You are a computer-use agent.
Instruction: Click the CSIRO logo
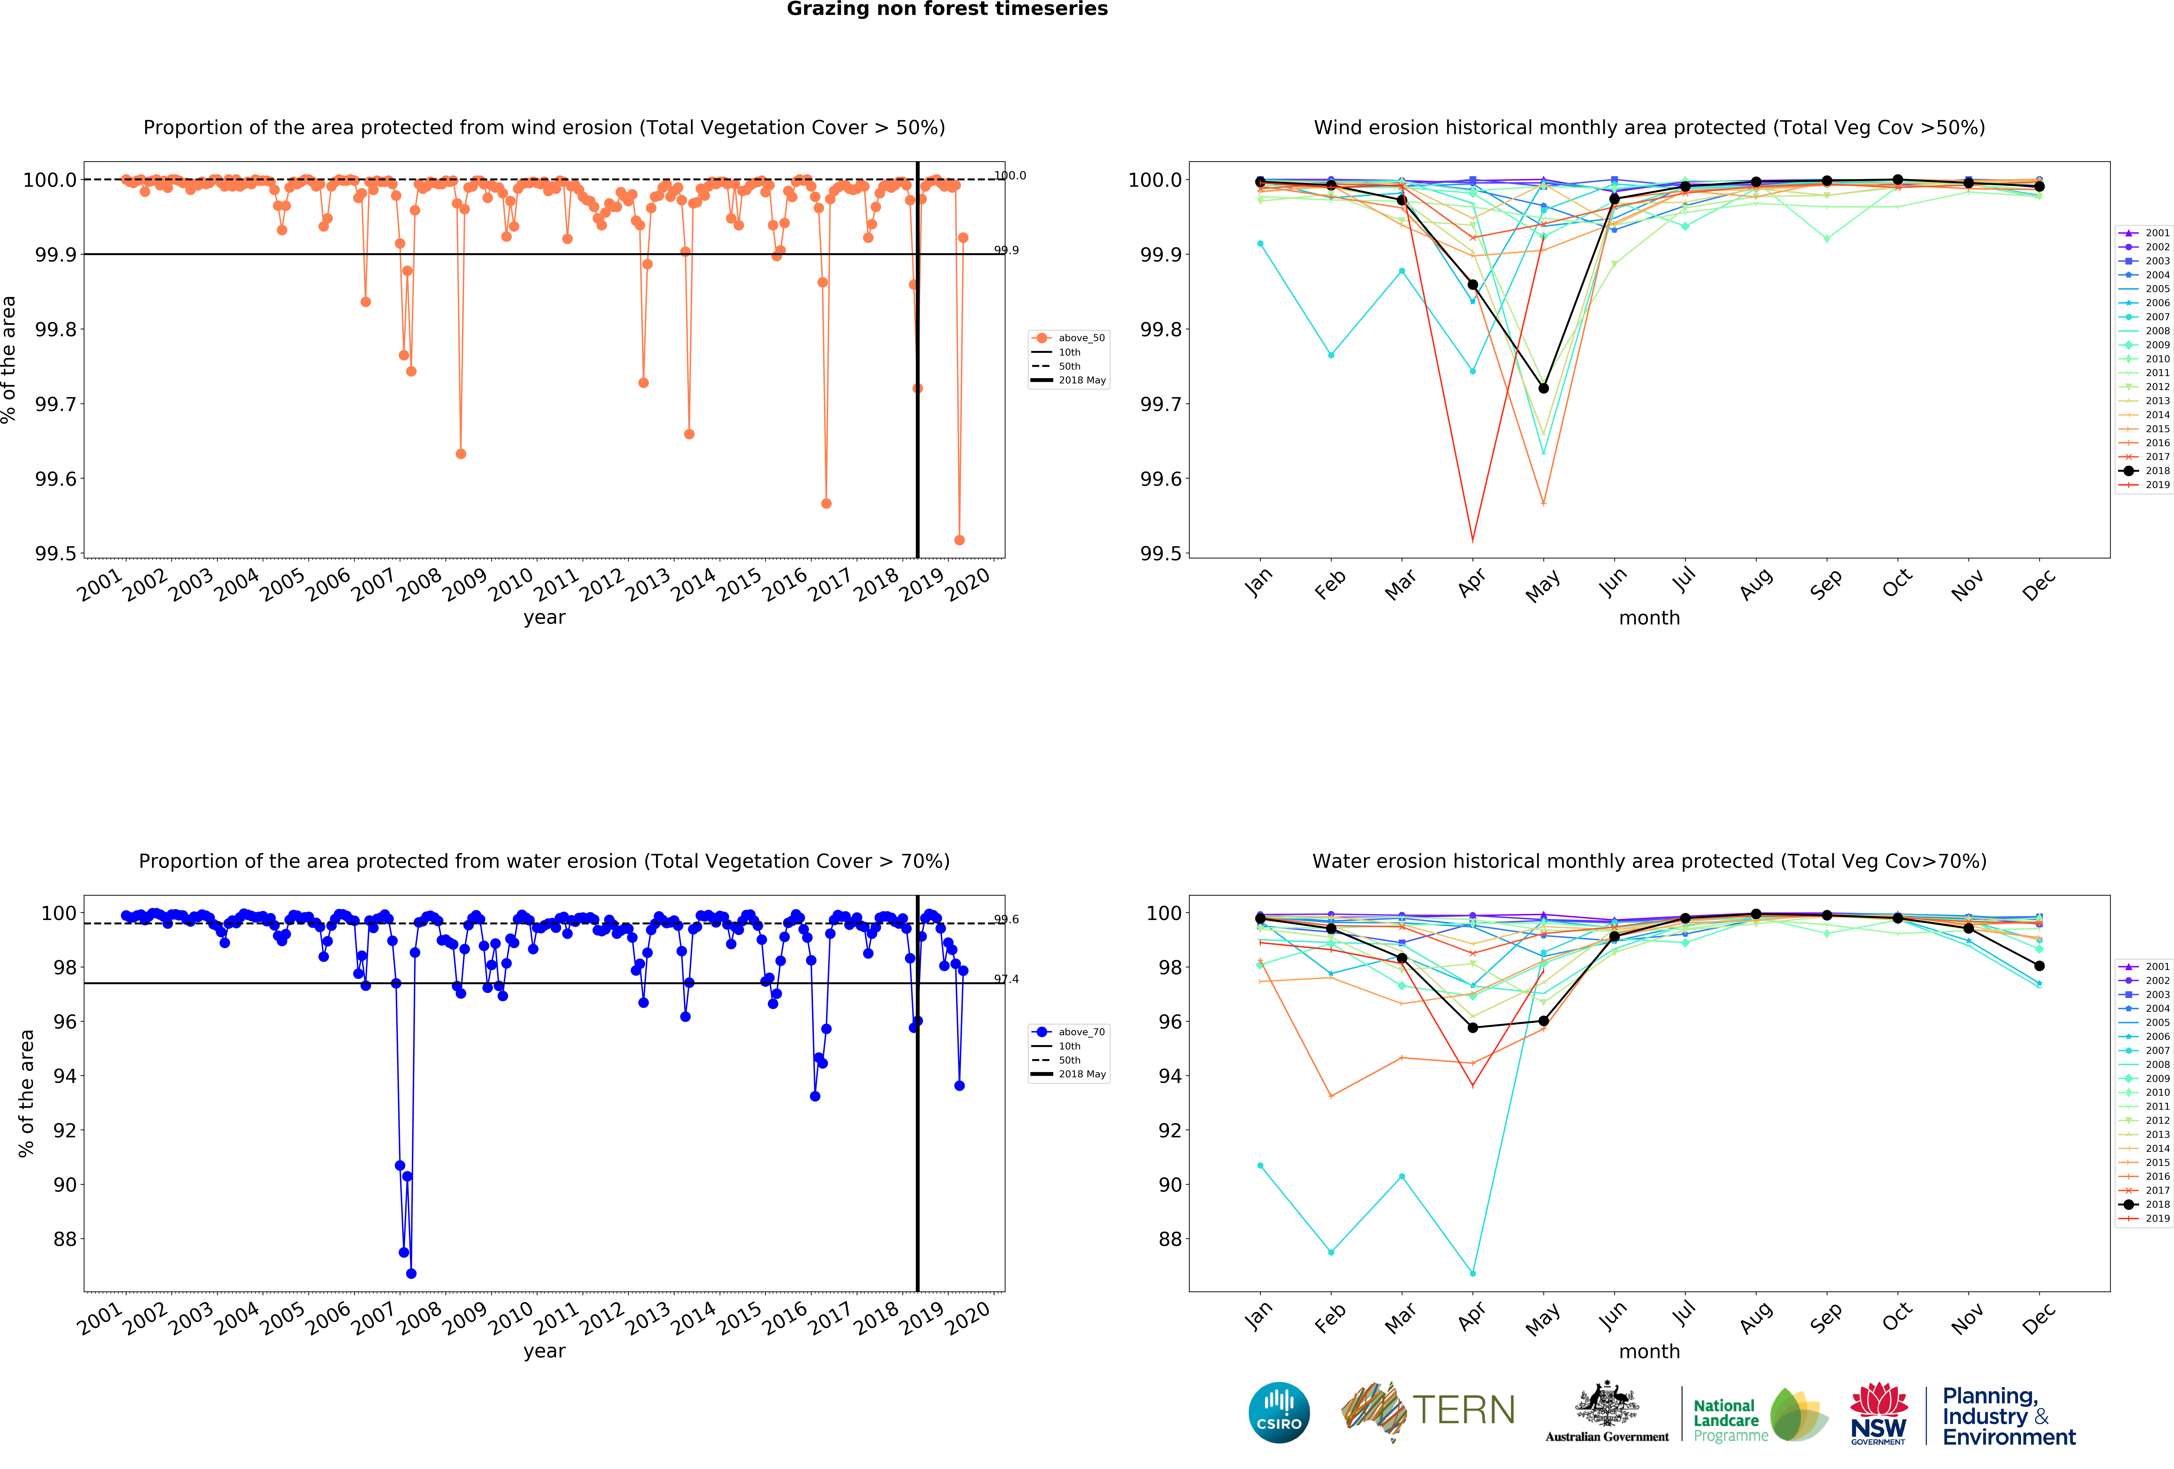click(1279, 1412)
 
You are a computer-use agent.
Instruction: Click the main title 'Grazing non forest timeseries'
click(947, 9)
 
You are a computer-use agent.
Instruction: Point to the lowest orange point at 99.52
click(959, 540)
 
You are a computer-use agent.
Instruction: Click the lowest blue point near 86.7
click(412, 1274)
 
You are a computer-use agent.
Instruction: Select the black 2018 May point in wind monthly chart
click(1543, 388)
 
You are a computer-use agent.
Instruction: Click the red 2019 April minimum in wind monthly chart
click(1472, 540)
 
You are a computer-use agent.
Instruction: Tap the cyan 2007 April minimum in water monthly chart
click(1472, 1274)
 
